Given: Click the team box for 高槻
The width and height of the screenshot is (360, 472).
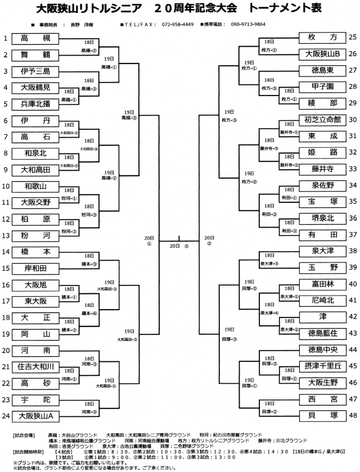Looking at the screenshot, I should (x=35, y=38).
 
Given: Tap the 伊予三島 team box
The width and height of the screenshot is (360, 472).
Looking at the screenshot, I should (x=35, y=71).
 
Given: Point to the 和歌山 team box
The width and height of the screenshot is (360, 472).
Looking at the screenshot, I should (x=35, y=186).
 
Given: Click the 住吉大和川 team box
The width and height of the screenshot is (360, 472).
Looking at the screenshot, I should (x=35, y=367).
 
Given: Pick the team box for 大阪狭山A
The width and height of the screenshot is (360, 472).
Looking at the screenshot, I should (x=35, y=416).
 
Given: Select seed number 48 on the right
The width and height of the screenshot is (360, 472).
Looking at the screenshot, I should (x=353, y=416).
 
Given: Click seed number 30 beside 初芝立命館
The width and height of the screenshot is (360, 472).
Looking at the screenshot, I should (x=353, y=120).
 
